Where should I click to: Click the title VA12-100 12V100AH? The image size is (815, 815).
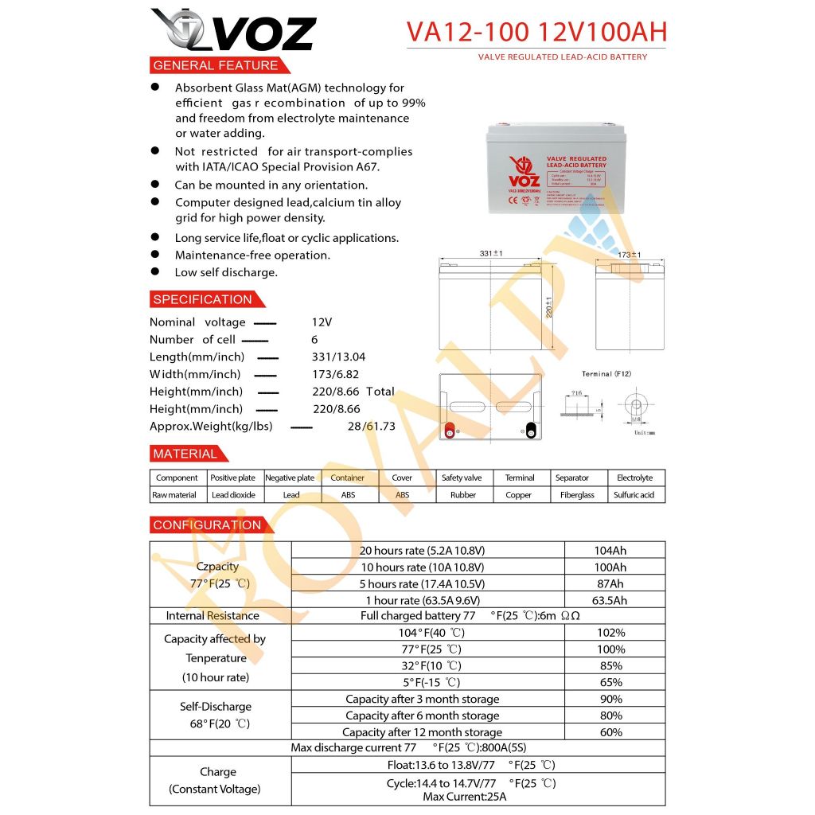[536, 32]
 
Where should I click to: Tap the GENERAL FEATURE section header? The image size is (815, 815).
[216, 65]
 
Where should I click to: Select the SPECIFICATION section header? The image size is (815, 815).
[202, 299]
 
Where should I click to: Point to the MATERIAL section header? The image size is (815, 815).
[185, 454]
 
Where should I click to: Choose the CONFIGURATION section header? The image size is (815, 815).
[207, 525]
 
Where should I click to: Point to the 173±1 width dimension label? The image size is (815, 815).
[629, 255]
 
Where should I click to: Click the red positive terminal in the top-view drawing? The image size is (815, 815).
[449, 431]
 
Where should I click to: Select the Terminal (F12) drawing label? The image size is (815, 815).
[606, 374]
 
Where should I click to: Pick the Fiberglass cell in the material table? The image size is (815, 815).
[577, 495]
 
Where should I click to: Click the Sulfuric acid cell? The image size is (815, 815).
[634, 495]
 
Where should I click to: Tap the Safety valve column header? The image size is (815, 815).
[462, 478]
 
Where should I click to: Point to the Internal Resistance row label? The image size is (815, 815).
[213, 616]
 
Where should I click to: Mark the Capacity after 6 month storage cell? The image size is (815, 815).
[423, 716]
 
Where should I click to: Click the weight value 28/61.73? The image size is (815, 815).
[371, 427]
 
